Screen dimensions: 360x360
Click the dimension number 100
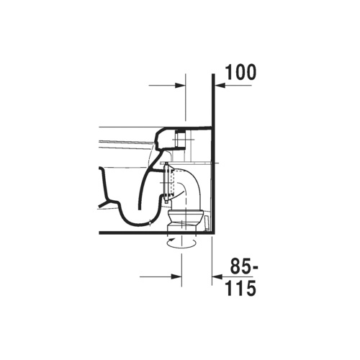coord(240,72)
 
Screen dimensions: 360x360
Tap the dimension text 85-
coord(244,266)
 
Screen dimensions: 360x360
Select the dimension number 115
coord(240,288)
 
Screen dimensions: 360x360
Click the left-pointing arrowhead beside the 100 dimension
coord(220,85)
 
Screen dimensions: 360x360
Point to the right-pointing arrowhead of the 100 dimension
coord(181,85)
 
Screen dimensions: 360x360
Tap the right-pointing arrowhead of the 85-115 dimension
coord(176,276)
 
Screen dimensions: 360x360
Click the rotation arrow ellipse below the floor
coord(181,243)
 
